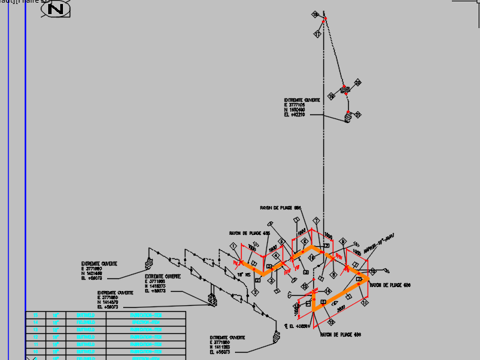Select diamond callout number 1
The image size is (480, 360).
[233, 247]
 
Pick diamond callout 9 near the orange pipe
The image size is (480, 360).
[343, 242]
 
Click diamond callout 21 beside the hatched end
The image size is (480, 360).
[357, 115]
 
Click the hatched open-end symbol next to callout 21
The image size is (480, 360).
[347, 116]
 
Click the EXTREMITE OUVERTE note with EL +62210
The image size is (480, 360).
[302, 107]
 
